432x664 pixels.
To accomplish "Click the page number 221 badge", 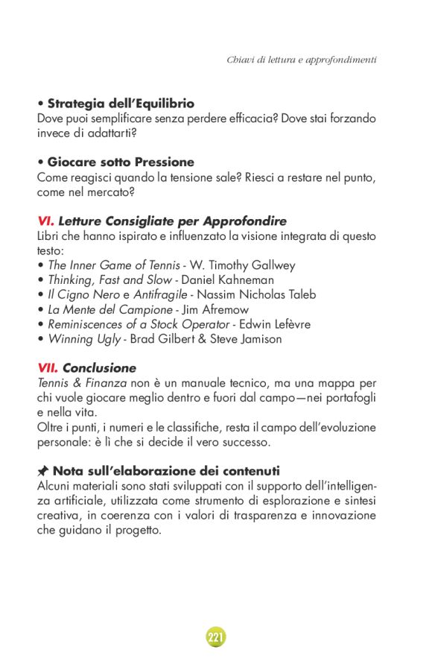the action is coord(216,637).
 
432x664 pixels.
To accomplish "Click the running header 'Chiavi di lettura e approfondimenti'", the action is coord(301,59).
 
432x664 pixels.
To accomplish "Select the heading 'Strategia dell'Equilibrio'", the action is coord(121,104).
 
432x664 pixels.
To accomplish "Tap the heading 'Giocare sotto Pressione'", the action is coord(121,162).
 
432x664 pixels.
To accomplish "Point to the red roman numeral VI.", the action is coord(45,221).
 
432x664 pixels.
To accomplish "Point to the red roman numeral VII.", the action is coord(48,367).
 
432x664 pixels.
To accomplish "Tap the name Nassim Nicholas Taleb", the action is coord(256,294).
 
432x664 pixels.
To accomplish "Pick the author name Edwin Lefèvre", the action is coord(275,324).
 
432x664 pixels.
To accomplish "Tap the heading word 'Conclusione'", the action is coord(99,367).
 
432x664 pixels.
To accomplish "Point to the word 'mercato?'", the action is coord(112,192).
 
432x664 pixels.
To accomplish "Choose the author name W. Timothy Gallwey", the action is coord(241,265).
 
